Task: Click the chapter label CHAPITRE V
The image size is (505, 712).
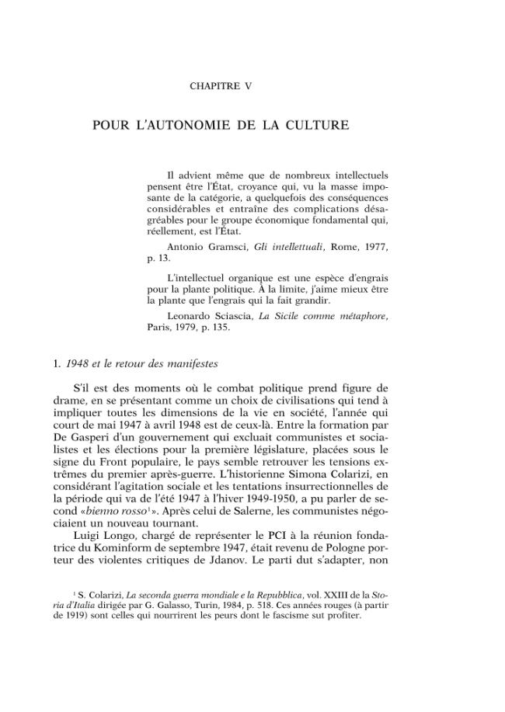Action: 221,86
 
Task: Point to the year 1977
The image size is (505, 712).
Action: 372,246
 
